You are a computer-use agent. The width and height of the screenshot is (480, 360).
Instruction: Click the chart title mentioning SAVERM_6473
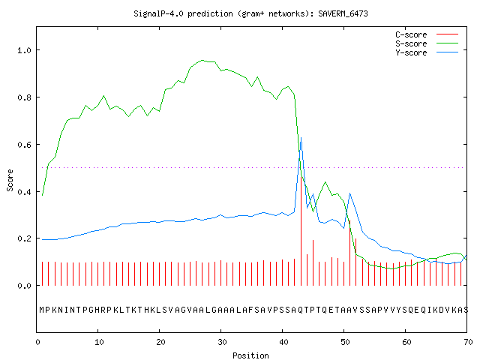point(250,13)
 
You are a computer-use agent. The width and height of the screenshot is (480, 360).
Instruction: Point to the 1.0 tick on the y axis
point(25,50)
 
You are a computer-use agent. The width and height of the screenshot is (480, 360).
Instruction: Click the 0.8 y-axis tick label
point(25,97)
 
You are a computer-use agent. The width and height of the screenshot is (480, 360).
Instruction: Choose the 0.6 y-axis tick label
point(25,145)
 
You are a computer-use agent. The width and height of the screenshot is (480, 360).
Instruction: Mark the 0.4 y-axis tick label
point(25,192)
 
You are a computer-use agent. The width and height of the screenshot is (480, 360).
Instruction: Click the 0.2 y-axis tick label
point(25,238)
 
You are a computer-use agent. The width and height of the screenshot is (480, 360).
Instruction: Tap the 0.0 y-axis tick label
point(25,286)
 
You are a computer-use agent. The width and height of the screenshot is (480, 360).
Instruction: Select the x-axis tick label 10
point(99,342)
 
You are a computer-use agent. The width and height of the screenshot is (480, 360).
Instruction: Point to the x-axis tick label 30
point(222,342)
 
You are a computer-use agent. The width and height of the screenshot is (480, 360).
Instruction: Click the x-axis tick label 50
point(345,342)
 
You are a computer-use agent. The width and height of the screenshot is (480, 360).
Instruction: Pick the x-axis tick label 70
point(468,342)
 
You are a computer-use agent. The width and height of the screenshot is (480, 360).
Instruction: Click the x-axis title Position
point(250,355)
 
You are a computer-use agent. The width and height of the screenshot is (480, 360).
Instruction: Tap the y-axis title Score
point(10,180)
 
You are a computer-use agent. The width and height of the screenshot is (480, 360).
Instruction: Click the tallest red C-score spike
point(301,231)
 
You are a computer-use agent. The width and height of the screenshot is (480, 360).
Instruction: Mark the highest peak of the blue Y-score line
point(301,138)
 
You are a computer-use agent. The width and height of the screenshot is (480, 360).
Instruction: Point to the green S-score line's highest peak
point(202,60)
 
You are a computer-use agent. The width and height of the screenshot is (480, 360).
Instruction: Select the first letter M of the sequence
point(42,310)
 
